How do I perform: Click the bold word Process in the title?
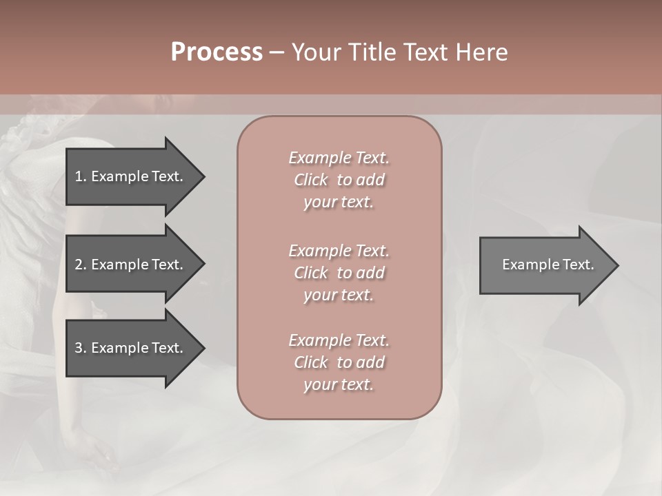click(x=217, y=52)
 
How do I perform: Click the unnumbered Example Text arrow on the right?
click(x=548, y=265)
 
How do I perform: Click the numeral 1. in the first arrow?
click(x=80, y=176)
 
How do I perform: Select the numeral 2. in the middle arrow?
click(x=80, y=265)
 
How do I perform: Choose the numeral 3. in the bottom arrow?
click(x=80, y=348)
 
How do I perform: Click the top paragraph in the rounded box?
click(x=339, y=180)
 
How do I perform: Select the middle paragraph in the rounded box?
click(x=339, y=273)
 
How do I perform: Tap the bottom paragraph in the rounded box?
click(x=339, y=362)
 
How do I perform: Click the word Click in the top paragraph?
click(x=311, y=180)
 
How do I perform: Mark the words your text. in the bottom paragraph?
click(x=339, y=385)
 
